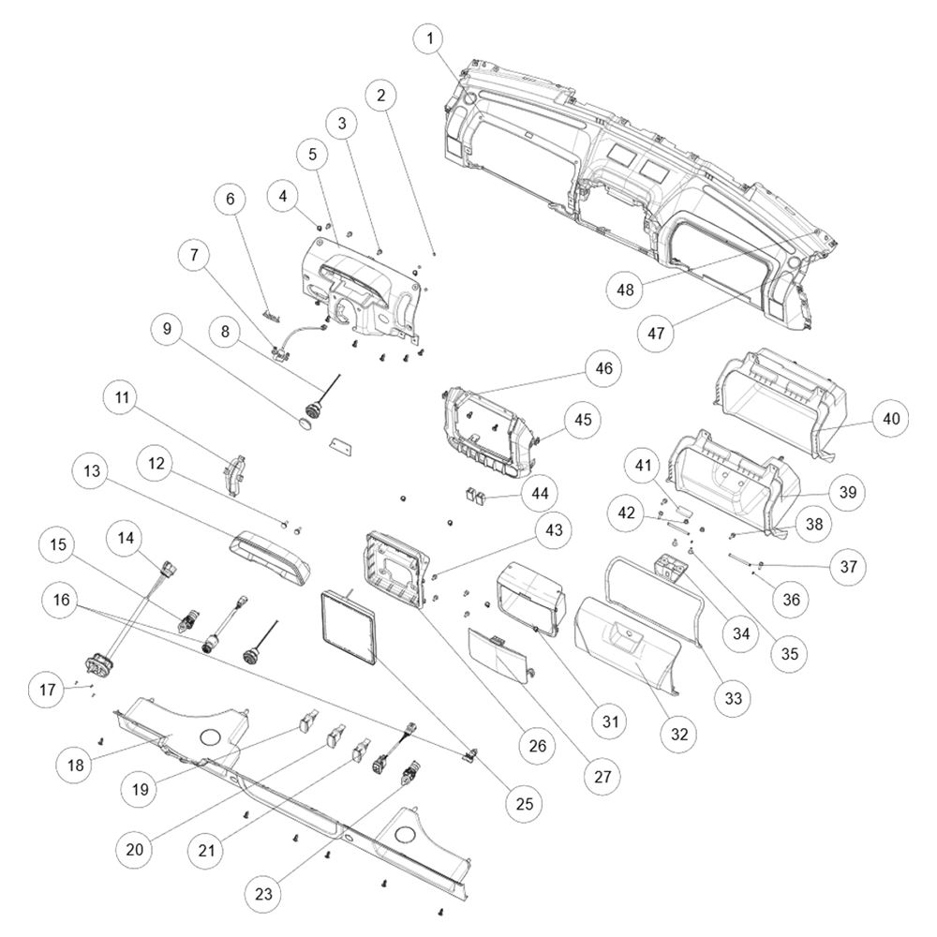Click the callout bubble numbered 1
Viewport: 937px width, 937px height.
(430, 39)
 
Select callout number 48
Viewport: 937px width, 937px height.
(625, 290)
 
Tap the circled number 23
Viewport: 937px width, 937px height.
(263, 893)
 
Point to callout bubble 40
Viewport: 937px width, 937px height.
(890, 418)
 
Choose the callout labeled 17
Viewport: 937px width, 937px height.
(47, 690)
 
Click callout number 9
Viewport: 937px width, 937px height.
(167, 328)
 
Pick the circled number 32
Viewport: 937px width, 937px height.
(679, 734)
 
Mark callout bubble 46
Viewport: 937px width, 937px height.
(603, 367)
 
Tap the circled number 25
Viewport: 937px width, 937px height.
(524, 803)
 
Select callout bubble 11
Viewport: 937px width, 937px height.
(122, 397)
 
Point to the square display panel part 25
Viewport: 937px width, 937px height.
(350, 627)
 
